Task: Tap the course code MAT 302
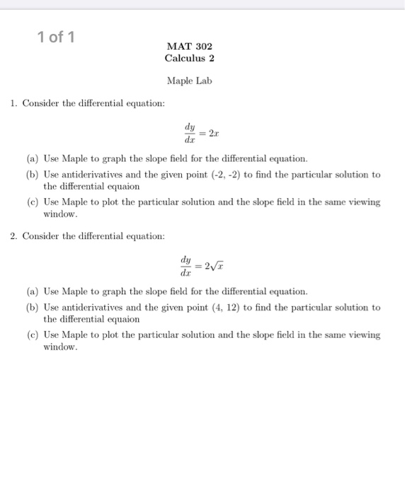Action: (189, 46)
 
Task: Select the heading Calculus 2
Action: (189, 58)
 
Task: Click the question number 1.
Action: (13, 104)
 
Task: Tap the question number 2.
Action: (13, 236)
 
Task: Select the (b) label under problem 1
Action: (32, 175)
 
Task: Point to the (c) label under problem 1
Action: (32, 202)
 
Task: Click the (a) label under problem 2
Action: (32, 291)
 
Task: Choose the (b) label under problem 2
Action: (32, 308)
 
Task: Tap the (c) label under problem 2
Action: (32, 334)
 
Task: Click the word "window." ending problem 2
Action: (60, 347)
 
